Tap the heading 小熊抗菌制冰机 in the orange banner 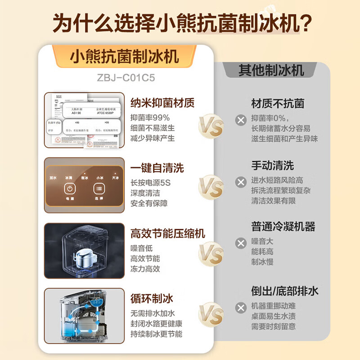[125, 56]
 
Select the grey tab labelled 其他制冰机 [271, 70]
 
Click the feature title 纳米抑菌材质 [162, 103]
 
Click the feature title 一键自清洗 [157, 168]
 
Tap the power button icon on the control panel [70, 189]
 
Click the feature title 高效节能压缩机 [167, 233]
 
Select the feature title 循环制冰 [152, 298]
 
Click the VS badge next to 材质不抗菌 [211, 126]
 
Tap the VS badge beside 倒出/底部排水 [211, 314]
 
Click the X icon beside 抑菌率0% [241, 120]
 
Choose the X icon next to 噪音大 [241, 243]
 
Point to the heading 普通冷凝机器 [283, 226]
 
